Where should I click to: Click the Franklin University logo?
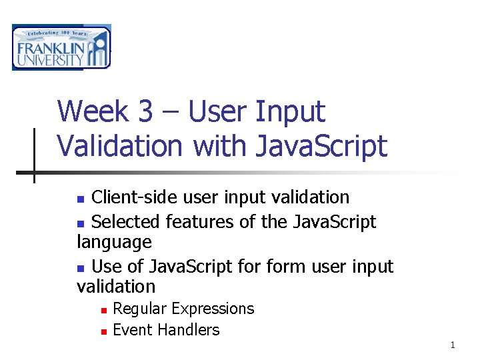61,47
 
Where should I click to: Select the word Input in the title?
290,113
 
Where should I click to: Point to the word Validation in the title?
120,146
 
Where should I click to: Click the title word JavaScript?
322,147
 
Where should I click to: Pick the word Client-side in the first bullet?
135,197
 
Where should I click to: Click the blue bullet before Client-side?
81,199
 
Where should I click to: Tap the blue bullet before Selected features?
81,224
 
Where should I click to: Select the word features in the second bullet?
199,221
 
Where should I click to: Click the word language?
114,243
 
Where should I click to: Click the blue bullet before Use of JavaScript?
81,269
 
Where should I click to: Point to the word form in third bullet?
286,266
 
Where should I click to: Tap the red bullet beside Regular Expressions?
104,311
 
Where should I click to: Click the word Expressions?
213,309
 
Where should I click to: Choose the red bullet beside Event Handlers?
104,332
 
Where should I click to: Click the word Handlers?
189,330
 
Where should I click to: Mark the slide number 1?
453,345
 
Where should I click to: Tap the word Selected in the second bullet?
125,221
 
